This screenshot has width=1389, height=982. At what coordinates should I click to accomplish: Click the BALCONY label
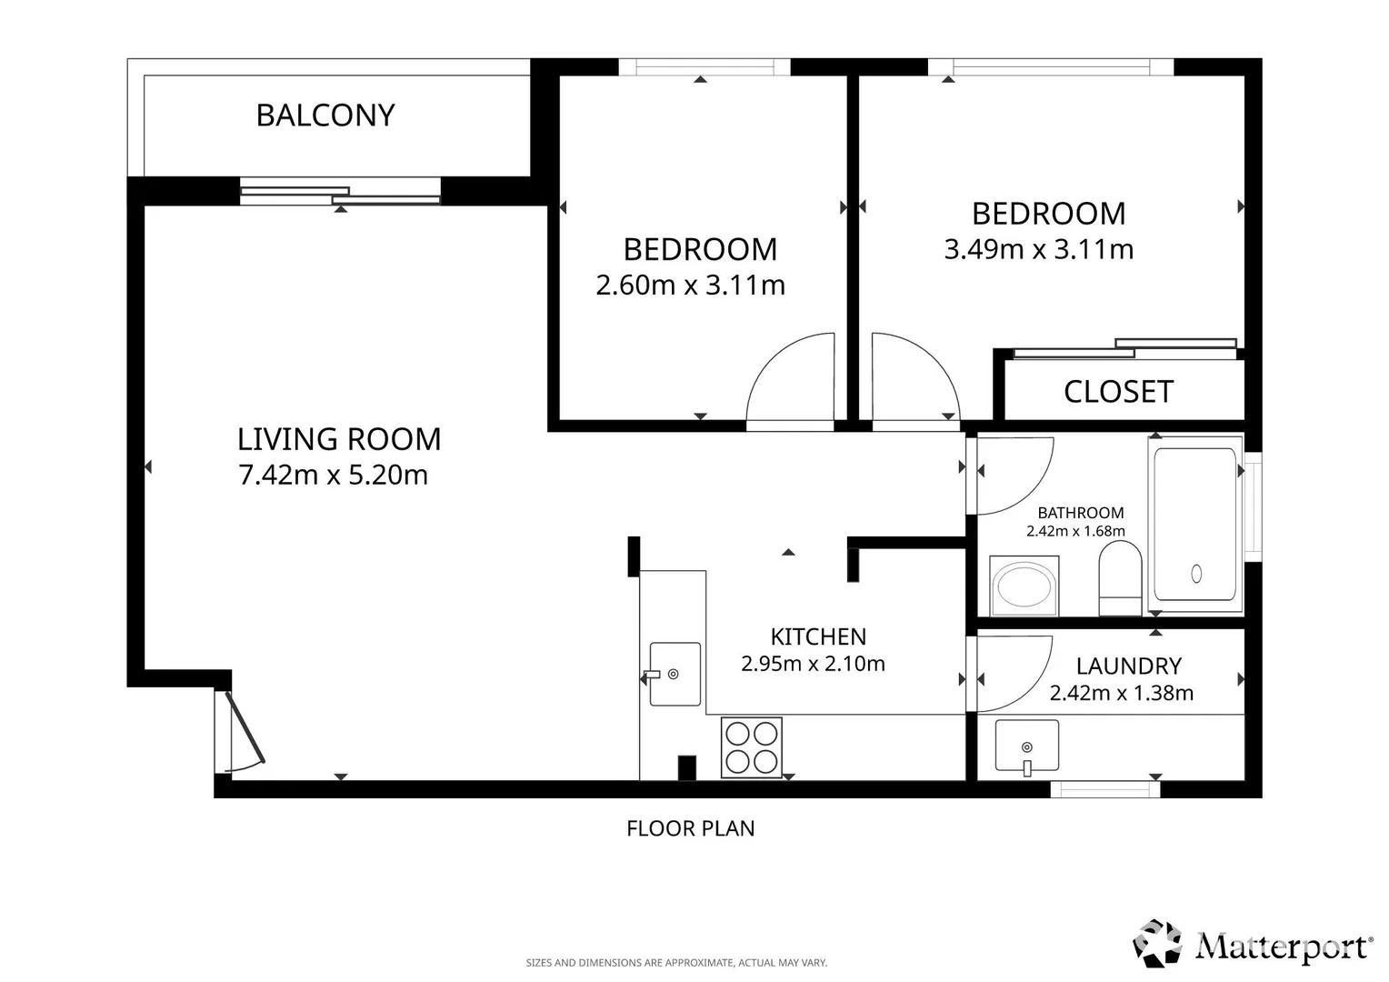pyautogui.click(x=325, y=115)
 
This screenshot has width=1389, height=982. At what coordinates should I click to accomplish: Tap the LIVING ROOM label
pyautogui.click(x=339, y=439)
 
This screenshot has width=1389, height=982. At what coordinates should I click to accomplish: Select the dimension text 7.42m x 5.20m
pyautogui.click(x=334, y=476)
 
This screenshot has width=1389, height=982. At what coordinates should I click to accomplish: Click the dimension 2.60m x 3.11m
pyautogui.click(x=691, y=286)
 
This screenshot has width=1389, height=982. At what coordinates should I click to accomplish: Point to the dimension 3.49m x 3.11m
pyautogui.click(x=1039, y=249)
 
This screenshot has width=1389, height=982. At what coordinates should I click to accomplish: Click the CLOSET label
pyautogui.click(x=1119, y=392)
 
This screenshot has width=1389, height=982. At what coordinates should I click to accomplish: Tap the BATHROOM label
pyautogui.click(x=1081, y=513)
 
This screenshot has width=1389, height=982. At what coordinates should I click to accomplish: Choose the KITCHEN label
pyautogui.click(x=818, y=637)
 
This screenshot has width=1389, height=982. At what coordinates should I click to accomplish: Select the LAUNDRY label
pyautogui.click(x=1129, y=666)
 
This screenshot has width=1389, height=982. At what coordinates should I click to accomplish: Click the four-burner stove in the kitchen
pyautogui.click(x=752, y=747)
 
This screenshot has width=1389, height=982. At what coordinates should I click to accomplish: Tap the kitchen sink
pyautogui.click(x=675, y=675)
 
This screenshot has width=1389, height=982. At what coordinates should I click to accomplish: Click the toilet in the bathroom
pyautogui.click(x=1120, y=578)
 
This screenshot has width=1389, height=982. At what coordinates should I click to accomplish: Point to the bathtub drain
pyautogui.click(x=1197, y=574)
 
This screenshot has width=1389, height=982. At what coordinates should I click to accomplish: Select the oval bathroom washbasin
pyautogui.click(x=1024, y=586)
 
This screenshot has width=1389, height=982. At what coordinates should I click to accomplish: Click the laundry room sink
pyautogui.click(x=1027, y=747)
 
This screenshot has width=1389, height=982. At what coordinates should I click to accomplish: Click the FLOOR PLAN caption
pyautogui.click(x=691, y=828)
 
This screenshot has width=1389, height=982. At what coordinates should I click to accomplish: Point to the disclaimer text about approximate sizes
pyautogui.click(x=676, y=963)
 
